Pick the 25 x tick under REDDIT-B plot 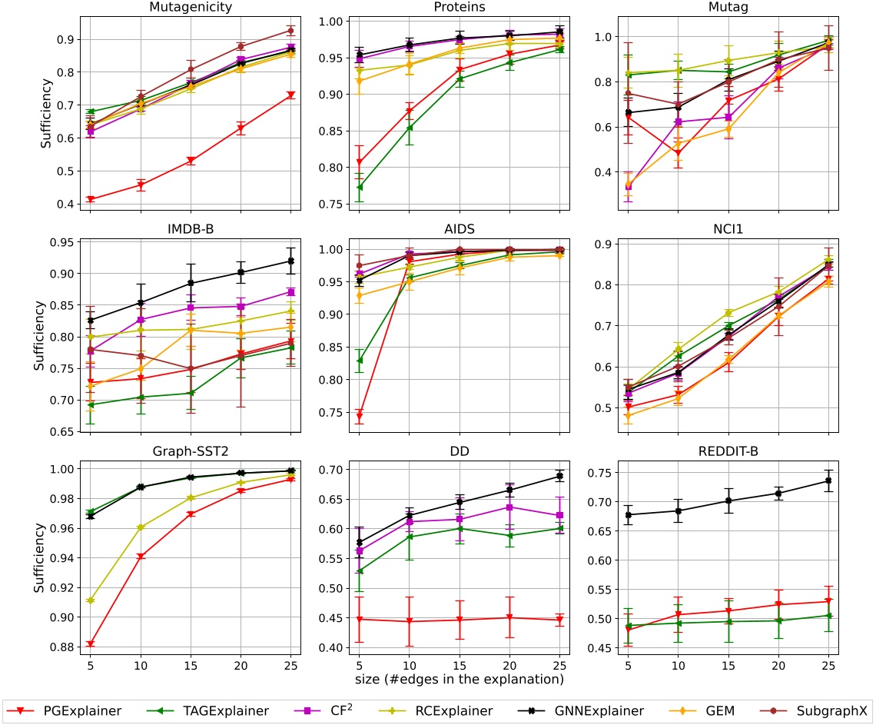(x=827, y=664)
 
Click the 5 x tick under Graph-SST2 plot (x=90, y=664)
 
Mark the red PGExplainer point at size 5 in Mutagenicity (x=91, y=199)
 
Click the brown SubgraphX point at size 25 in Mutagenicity (x=290, y=31)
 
